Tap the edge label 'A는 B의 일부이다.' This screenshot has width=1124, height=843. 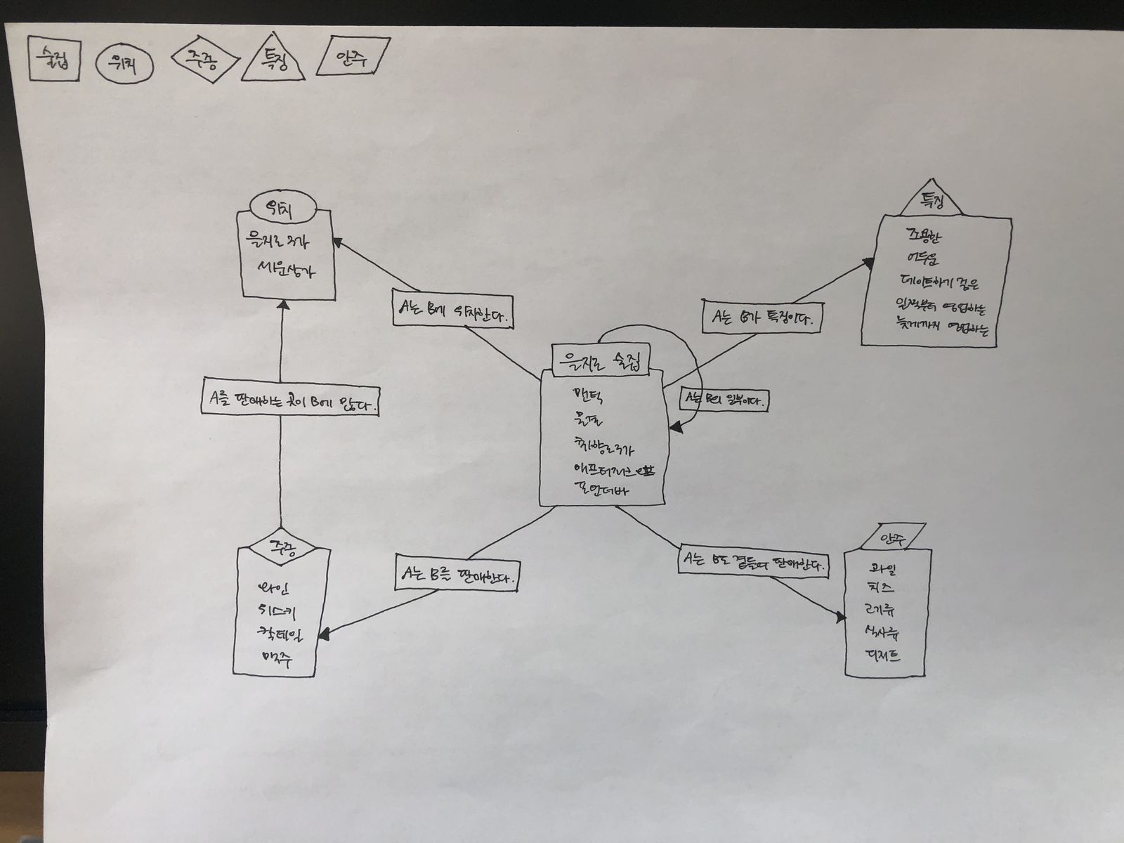pyautogui.click(x=724, y=400)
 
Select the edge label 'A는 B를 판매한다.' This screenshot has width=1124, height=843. pyautogui.click(x=458, y=577)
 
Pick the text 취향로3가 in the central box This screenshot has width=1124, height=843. pyautogui.click(x=603, y=447)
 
